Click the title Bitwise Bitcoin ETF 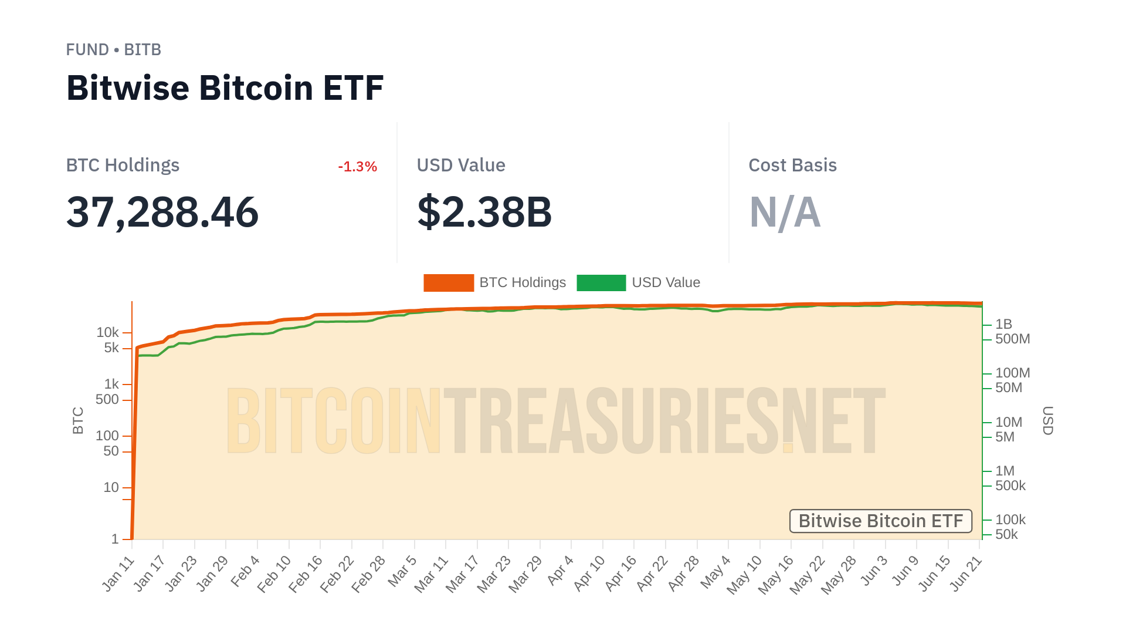click(x=225, y=88)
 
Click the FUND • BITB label click(x=113, y=50)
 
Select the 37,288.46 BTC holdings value click(x=162, y=212)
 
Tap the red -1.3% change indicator click(x=357, y=167)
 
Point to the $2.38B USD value click(x=484, y=212)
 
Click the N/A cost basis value click(x=785, y=212)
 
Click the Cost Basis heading click(x=792, y=166)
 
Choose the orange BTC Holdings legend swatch click(x=449, y=283)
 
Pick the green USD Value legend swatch click(x=601, y=283)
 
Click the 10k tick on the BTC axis click(x=108, y=333)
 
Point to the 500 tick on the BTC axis click(x=107, y=400)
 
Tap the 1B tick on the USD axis click(x=1003, y=324)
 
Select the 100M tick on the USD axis click(x=1012, y=373)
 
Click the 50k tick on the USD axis click(x=1006, y=534)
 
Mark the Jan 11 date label click(x=118, y=574)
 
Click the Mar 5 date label click(x=402, y=571)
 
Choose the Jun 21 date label click(x=966, y=574)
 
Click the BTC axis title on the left click(x=78, y=420)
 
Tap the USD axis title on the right click(x=1047, y=420)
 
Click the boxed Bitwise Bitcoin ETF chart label click(x=880, y=521)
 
